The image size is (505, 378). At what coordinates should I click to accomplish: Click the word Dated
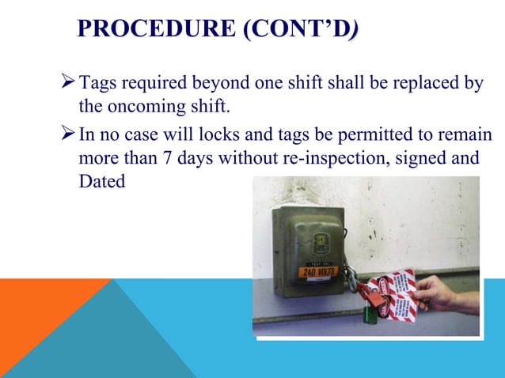(x=102, y=180)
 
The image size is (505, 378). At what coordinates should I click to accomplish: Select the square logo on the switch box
(x=323, y=240)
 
